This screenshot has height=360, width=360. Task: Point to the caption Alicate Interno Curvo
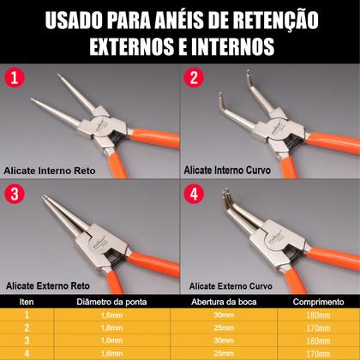click(x=226, y=171)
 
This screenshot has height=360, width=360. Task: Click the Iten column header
click(x=26, y=303)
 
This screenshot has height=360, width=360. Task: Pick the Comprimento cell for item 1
click(x=316, y=315)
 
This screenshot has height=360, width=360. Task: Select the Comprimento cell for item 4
click(x=316, y=351)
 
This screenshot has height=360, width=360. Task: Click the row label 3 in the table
click(x=26, y=339)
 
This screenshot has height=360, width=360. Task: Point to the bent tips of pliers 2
click(x=219, y=106)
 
